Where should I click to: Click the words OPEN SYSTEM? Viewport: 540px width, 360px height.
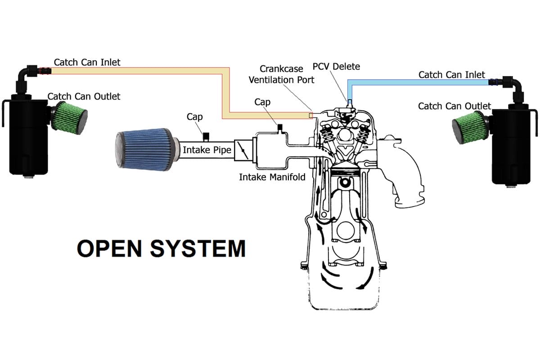click(161, 248)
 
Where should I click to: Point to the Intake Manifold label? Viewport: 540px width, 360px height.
click(272, 177)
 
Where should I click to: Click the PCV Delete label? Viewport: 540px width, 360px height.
click(336, 67)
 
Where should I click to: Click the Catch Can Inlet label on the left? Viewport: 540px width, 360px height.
click(87, 62)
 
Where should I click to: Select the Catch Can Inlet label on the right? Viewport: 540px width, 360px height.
click(451, 74)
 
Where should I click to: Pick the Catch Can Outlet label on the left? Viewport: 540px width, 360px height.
click(84, 96)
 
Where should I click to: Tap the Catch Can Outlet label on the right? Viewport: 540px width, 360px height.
click(454, 106)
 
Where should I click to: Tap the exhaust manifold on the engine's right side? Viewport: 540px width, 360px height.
click(407, 175)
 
